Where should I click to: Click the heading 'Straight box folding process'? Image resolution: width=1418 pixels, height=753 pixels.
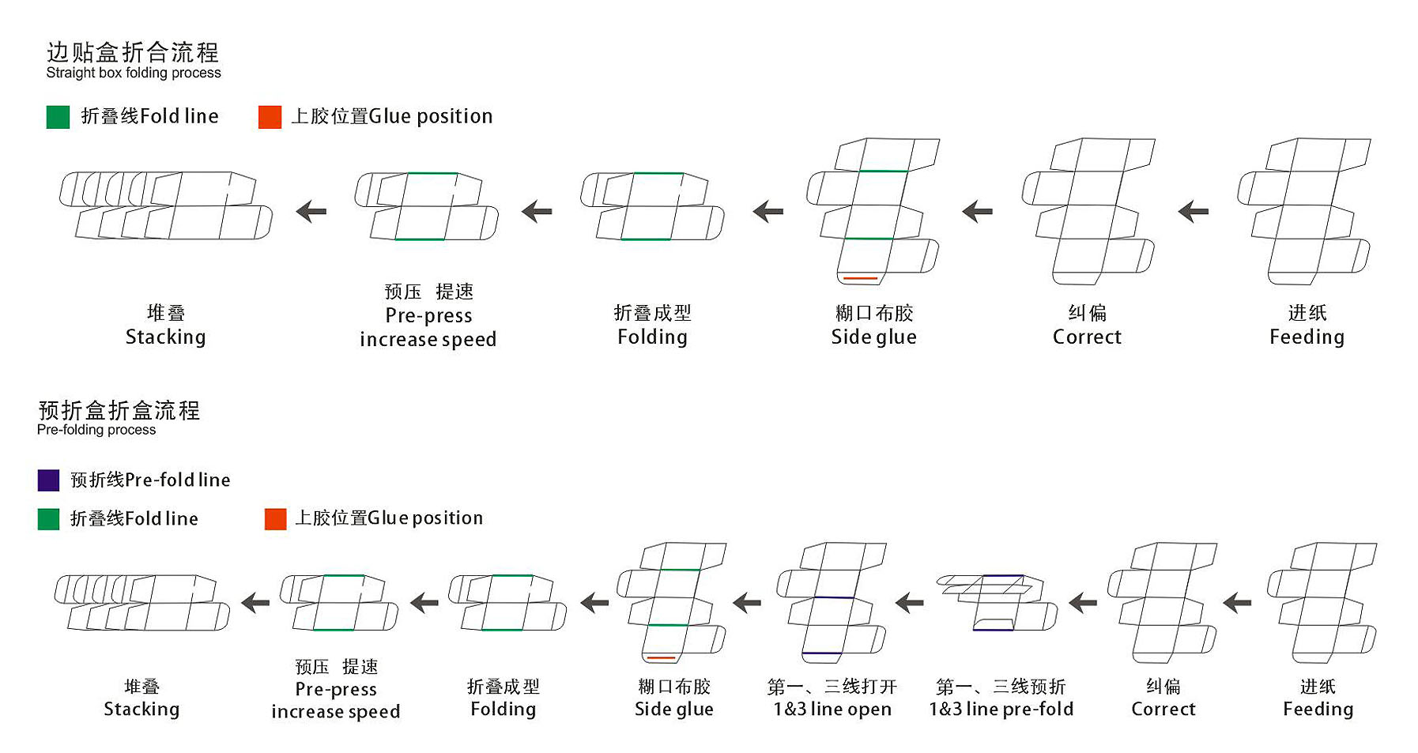[x=133, y=73]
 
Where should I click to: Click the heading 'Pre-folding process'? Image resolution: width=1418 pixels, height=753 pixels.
[x=96, y=430]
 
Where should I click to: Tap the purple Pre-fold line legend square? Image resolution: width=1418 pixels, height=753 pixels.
[x=48, y=480]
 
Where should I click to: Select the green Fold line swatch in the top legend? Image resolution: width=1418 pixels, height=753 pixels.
[x=58, y=117]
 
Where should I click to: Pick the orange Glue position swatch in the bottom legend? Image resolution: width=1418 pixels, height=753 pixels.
[x=275, y=519]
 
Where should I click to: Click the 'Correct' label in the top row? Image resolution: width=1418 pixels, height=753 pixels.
[x=1087, y=337]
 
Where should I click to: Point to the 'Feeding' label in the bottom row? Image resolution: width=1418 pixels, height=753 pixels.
[x=1318, y=710]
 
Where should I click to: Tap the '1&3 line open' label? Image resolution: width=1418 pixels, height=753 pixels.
[x=832, y=710]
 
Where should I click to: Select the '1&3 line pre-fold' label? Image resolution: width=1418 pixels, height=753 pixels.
[x=1001, y=710]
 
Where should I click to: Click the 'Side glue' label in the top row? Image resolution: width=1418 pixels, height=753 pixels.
[x=873, y=337]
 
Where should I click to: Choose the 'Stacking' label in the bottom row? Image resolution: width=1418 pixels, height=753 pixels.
[x=141, y=710]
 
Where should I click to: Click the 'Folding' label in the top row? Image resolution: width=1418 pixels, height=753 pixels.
[x=652, y=337]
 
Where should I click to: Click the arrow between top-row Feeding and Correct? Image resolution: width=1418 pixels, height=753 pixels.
[x=1193, y=212]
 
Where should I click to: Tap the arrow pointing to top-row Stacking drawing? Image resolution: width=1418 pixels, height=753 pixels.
[x=311, y=212]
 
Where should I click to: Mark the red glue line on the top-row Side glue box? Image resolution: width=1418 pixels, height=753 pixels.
[x=860, y=278]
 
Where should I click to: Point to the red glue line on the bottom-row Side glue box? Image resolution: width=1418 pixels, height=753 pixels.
[x=661, y=657]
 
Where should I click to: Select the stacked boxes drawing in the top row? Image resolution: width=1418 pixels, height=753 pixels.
[x=166, y=205]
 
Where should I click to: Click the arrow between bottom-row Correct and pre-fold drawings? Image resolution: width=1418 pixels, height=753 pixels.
[x=1082, y=604]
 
